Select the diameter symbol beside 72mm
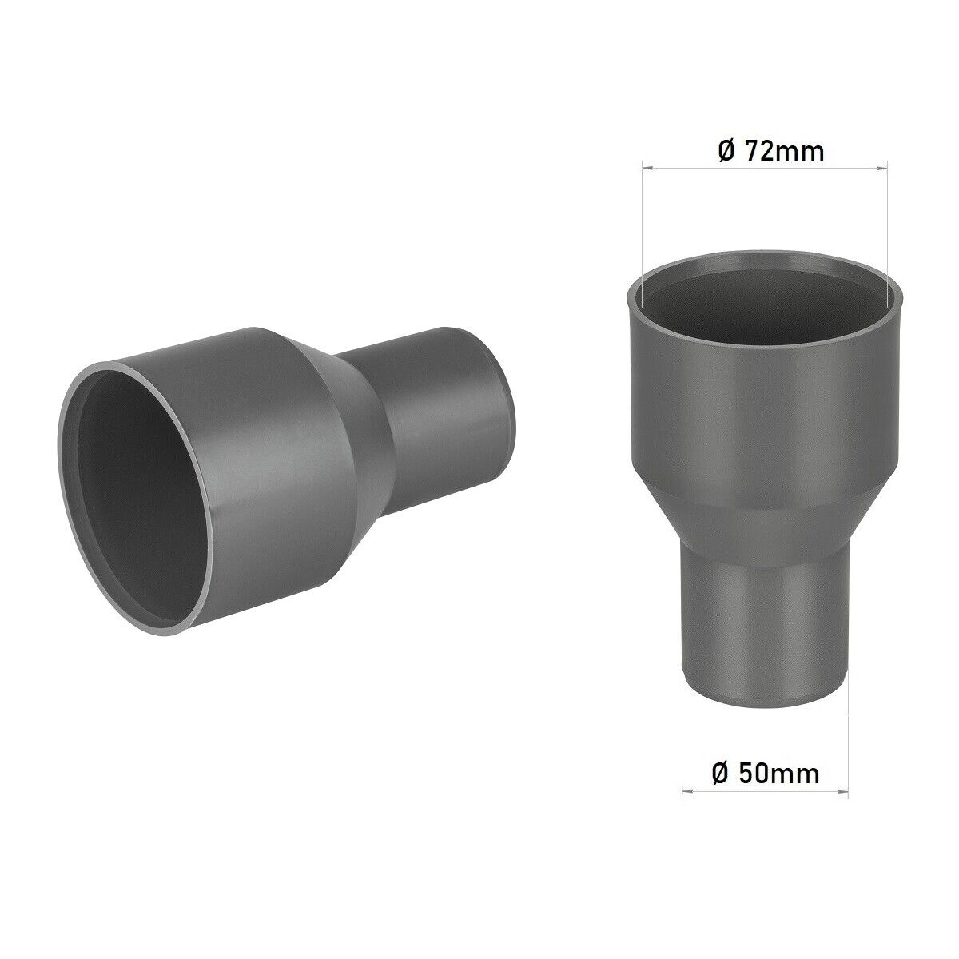[726, 151]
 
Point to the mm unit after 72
[801, 151]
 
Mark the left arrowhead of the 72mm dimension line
[646, 168]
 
